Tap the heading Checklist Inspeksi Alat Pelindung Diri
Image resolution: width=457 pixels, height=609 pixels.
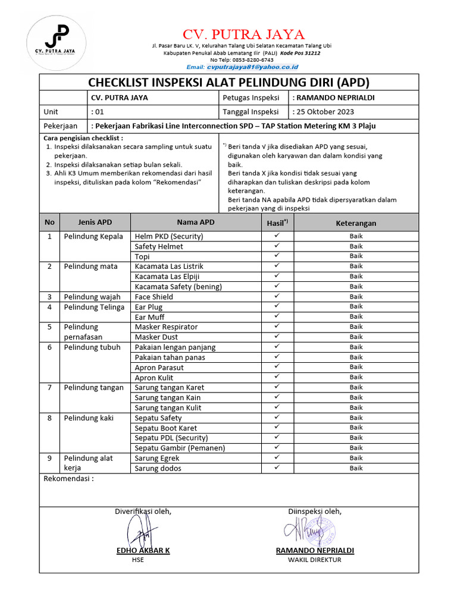228,82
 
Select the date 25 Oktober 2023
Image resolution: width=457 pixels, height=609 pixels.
325,112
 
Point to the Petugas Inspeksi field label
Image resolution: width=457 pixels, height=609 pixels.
251,98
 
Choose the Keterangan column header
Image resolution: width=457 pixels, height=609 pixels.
356,223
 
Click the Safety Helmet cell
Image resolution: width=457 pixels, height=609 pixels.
159,246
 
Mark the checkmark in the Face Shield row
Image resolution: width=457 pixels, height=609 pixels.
277,296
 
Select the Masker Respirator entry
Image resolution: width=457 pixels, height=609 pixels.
166,327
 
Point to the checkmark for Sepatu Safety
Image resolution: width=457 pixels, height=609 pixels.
277,417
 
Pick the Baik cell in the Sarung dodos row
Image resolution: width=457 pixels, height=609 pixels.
356,468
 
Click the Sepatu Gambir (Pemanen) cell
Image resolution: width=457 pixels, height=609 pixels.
180,448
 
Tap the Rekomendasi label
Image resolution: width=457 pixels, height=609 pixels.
68,479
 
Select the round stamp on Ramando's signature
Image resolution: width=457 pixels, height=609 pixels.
320,529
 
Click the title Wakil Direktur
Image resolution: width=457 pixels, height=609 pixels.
315,560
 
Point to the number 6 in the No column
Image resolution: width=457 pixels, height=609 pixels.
49,347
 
